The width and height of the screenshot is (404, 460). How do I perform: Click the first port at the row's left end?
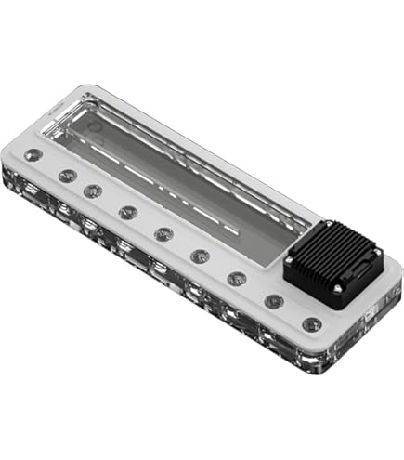coord(35,156)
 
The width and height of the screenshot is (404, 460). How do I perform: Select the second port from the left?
coord(67,175)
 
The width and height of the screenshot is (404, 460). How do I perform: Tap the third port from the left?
coord(93,191)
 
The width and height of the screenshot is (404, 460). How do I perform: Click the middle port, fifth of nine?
coord(163,233)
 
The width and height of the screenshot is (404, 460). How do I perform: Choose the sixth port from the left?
coord(199,256)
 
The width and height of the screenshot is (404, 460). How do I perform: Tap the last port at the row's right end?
coord(312,325)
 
